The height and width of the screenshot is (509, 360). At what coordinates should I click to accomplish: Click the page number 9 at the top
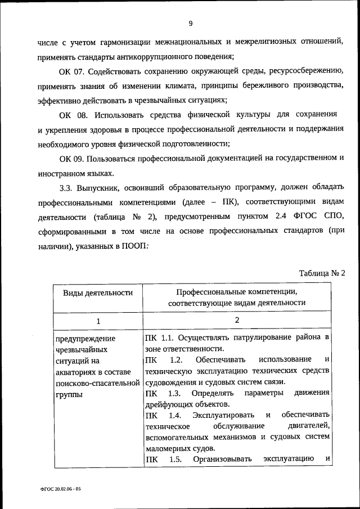coord(191,23)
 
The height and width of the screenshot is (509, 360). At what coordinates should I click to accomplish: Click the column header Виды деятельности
coord(97,292)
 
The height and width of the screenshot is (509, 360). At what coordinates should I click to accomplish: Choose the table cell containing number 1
coord(97,321)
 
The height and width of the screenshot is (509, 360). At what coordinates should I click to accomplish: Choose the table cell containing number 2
coord(237,320)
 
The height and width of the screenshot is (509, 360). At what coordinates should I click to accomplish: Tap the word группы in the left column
coord(69,394)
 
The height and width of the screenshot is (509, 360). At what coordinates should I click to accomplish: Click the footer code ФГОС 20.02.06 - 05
coord(60,490)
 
